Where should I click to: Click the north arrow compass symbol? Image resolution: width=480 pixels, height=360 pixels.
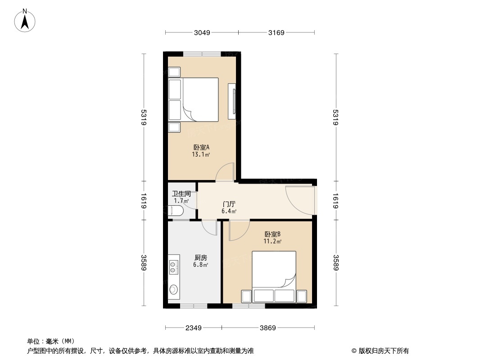(x=26, y=20)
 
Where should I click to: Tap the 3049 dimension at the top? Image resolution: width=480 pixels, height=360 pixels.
(x=201, y=33)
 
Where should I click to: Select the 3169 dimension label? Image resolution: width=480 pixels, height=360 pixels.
(x=276, y=33)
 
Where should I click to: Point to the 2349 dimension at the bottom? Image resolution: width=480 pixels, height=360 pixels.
(x=193, y=328)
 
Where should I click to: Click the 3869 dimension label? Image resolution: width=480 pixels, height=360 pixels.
(x=267, y=328)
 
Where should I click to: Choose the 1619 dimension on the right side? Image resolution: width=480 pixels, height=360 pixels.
(x=335, y=201)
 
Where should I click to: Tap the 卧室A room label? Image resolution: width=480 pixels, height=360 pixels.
(x=201, y=147)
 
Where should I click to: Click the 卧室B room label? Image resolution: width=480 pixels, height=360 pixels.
(x=272, y=234)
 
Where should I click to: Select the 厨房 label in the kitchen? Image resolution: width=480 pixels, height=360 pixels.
(x=200, y=258)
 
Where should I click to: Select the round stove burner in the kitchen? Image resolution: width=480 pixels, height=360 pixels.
(x=173, y=289)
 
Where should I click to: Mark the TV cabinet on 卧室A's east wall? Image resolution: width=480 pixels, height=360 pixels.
(x=232, y=101)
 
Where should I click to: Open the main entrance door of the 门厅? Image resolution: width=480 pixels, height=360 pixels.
(x=301, y=199)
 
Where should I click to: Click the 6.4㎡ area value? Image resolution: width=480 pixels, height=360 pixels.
(x=229, y=211)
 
